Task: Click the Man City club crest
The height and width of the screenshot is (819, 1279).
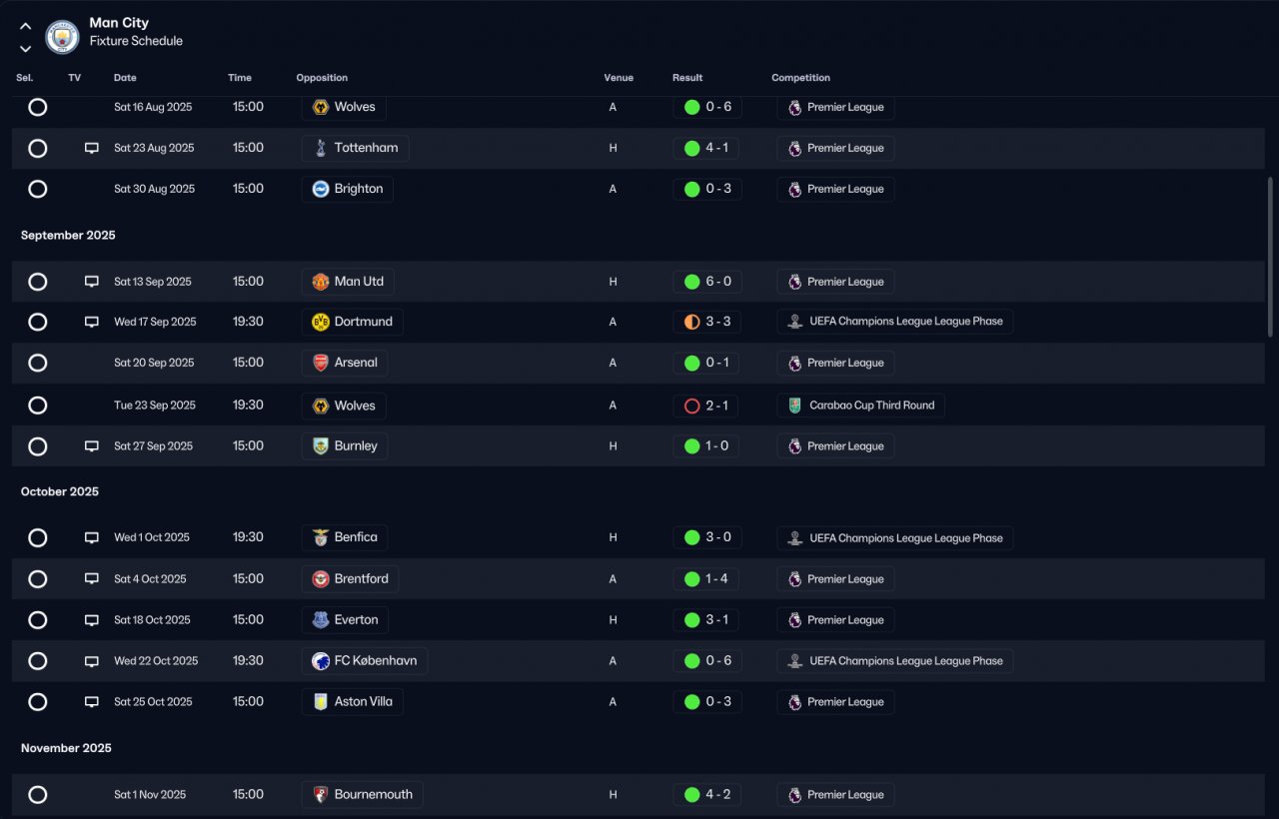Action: coord(62,37)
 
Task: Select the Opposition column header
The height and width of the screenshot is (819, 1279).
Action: coord(322,78)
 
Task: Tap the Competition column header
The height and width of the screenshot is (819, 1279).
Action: coord(800,78)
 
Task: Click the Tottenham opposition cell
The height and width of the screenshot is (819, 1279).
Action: coord(355,148)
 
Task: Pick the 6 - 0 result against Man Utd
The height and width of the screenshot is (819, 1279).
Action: coord(718,282)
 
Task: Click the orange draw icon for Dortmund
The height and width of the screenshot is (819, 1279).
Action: coord(692,322)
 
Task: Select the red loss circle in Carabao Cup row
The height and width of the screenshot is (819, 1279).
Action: coord(692,406)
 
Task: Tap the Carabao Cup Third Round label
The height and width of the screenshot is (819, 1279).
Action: coord(872,406)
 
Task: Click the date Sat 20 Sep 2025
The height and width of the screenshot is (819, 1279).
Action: coord(154,363)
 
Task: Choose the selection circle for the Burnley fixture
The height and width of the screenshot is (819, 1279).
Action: coord(38,446)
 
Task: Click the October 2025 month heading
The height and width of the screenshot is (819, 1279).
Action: coord(60,491)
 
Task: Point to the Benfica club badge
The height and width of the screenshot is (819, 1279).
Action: coord(321,537)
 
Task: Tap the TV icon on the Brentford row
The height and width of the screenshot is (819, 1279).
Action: coord(91,578)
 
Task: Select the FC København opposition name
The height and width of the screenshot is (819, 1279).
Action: coord(375,661)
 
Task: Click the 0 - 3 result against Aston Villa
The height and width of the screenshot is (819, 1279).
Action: coord(718,701)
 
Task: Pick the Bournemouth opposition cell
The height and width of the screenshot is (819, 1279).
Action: coord(362,794)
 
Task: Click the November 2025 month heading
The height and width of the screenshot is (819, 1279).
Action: coord(66,748)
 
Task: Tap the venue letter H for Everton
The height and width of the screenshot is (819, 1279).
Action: coord(613,620)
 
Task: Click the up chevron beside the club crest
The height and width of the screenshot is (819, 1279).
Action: coord(26,26)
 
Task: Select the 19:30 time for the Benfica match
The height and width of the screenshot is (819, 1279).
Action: coord(248,537)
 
